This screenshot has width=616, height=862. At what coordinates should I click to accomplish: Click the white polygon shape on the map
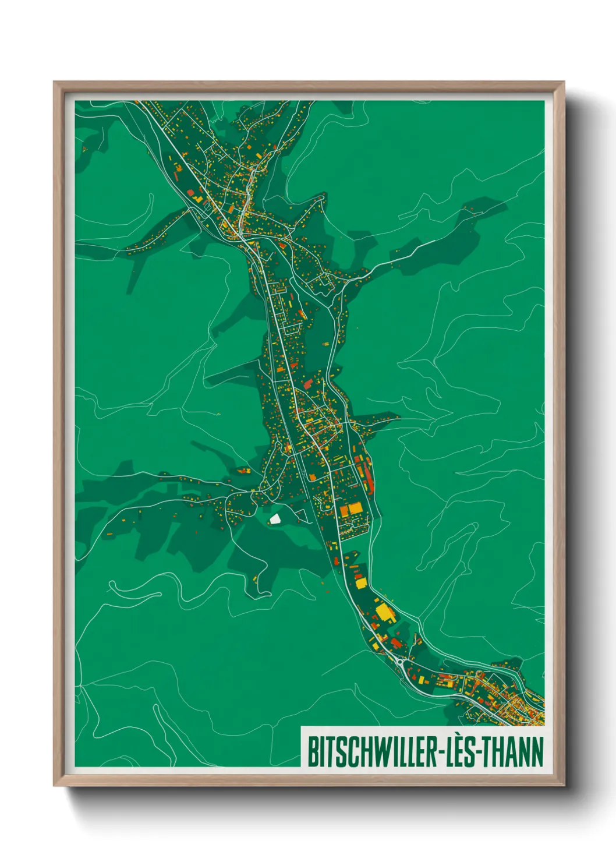(275, 518)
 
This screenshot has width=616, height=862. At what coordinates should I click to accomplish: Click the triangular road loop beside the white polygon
(302, 515)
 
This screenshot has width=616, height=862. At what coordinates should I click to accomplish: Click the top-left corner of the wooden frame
(54, 82)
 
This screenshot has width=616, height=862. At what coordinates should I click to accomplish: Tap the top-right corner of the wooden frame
(564, 82)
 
